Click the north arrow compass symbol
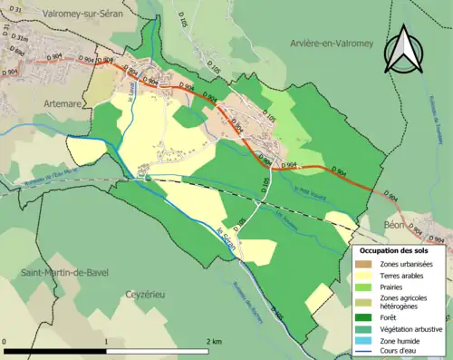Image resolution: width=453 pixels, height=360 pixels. pyautogui.click(x=403, y=49)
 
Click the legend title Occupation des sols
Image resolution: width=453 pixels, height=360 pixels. pyautogui.click(x=400, y=249)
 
